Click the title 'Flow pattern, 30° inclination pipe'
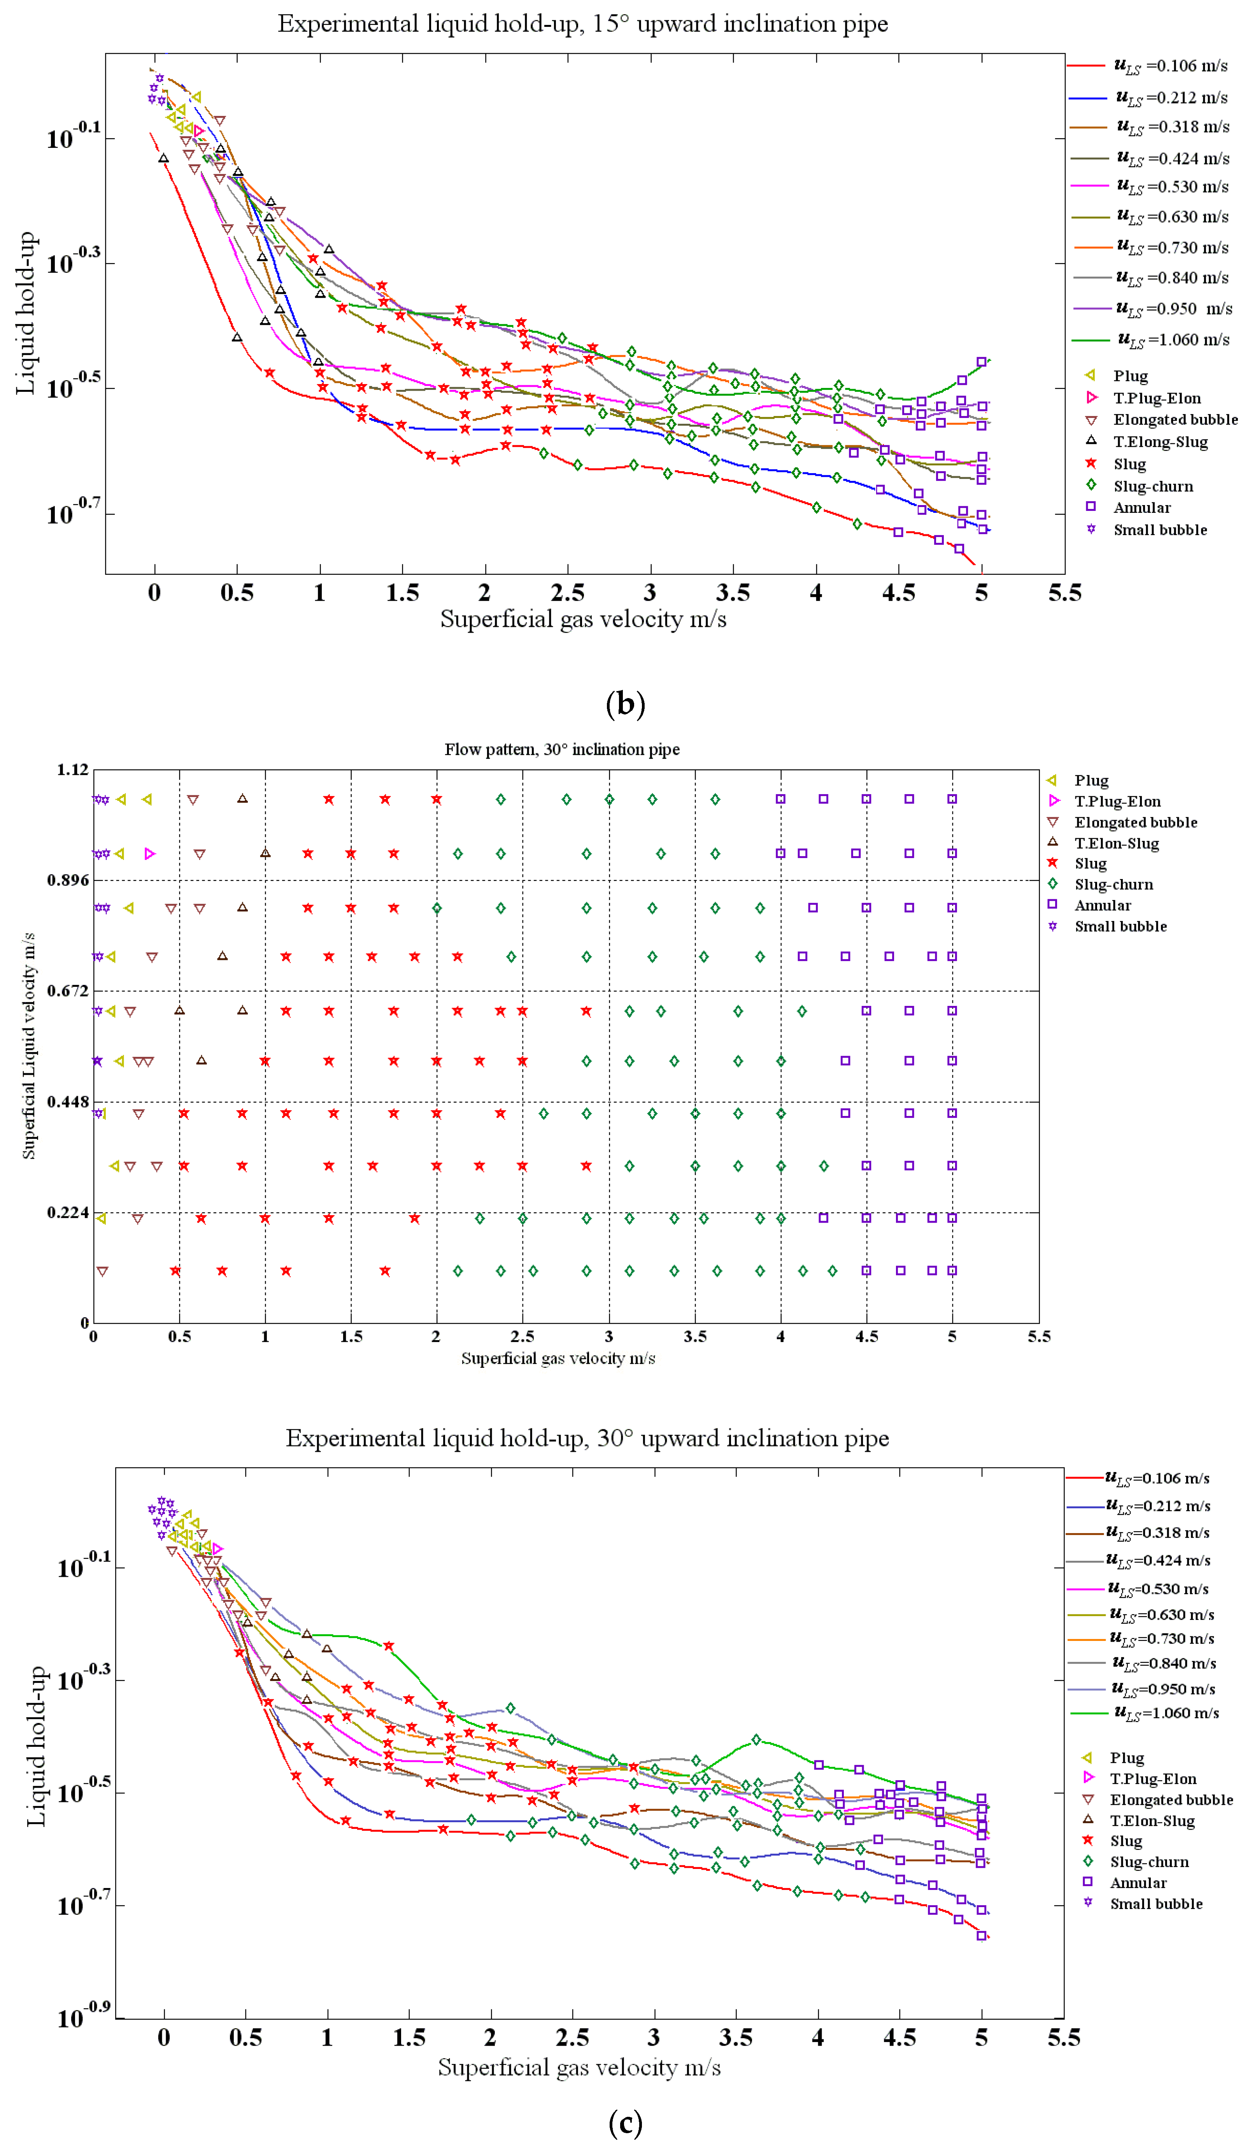tap(562, 749)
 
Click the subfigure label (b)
tap(625, 704)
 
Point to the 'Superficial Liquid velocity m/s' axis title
tap(29, 1046)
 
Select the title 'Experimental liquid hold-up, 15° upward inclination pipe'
tap(582, 24)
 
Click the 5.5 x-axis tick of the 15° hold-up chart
tap(1064, 593)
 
